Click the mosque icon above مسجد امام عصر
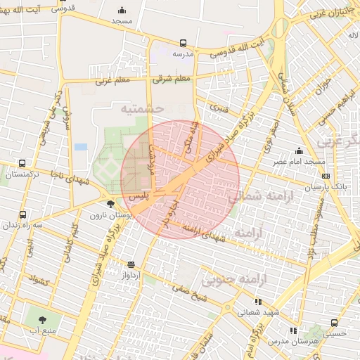point(300,150)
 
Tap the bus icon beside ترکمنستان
point(22,164)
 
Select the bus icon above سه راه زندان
point(22,214)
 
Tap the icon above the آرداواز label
point(131,264)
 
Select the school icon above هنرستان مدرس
point(292,330)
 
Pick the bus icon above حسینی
point(334,323)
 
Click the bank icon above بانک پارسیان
point(324,175)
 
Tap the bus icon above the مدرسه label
point(183,43)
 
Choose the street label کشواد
point(38,279)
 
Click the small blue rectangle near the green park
point(81,147)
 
